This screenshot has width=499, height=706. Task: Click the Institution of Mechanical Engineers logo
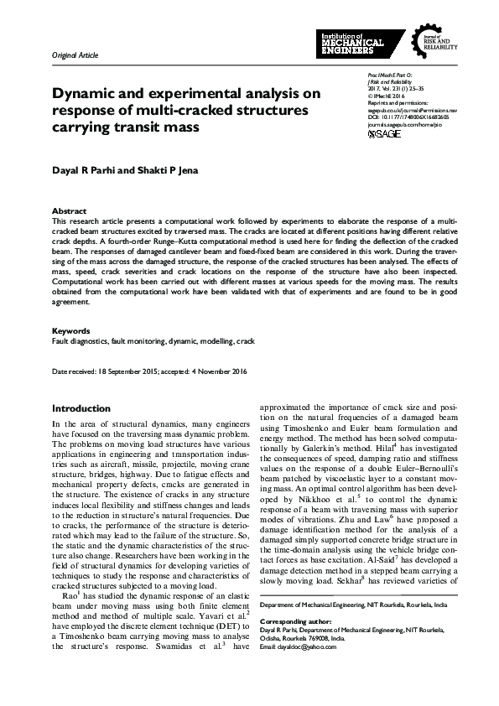tap(361, 43)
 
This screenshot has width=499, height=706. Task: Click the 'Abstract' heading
tap(70, 210)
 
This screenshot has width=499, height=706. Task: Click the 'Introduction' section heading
tap(81, 408)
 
